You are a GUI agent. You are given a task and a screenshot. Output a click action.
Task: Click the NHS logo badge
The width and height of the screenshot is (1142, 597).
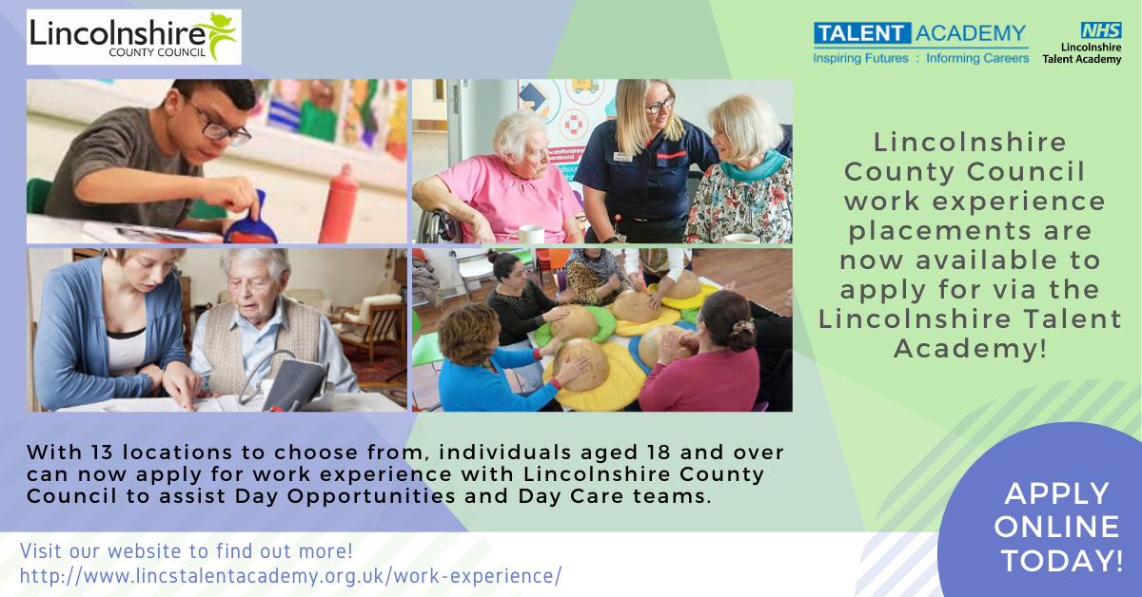pos(1101,30)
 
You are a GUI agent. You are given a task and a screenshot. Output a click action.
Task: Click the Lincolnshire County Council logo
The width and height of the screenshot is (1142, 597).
pos(134,37)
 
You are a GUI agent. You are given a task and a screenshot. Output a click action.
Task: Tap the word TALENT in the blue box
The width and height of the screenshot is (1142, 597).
pos(862,33)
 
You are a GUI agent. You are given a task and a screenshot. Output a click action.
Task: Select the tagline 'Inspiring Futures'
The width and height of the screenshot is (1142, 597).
pos(860,58)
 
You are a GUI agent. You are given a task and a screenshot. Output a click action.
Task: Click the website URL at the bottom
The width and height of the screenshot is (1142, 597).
pos(290,576)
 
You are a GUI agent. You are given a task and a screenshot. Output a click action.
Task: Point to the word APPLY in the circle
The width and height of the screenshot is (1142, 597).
pos(1057,493)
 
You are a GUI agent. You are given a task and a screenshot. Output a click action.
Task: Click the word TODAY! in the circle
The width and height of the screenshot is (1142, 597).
pos(1062,560)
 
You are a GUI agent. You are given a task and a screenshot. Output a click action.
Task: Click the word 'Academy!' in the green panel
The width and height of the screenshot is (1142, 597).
pos(970,349)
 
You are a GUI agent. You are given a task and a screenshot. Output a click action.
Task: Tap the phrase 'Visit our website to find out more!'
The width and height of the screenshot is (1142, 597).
pos(187,551)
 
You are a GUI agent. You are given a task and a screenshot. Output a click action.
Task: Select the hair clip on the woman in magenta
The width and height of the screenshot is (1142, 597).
pos(741,327)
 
